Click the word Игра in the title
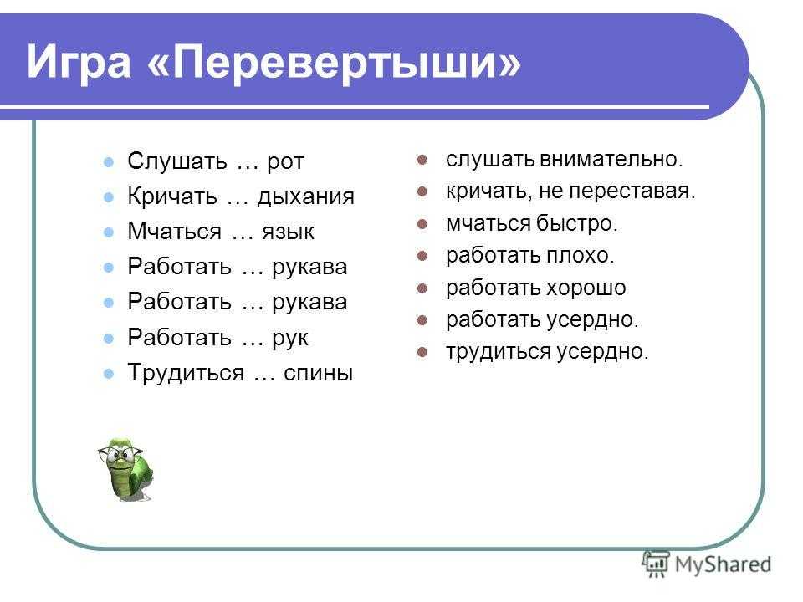[79, 62]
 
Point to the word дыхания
[306, 196]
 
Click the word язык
[289, 232]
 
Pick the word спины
[319, 373]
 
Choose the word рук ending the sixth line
[290, 339]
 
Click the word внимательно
[611, 159]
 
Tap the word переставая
[632, 191]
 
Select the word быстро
[576, 223]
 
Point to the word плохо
[581, 256]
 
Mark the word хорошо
[587, 288]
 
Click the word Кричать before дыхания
[172, 196]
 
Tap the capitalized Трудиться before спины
[186, 373]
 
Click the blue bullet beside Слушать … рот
[109, 162]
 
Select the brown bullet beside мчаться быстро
[422, 224]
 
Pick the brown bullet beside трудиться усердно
[422, 352]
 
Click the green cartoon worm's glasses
[120, 453]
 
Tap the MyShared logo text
[723, 564]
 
